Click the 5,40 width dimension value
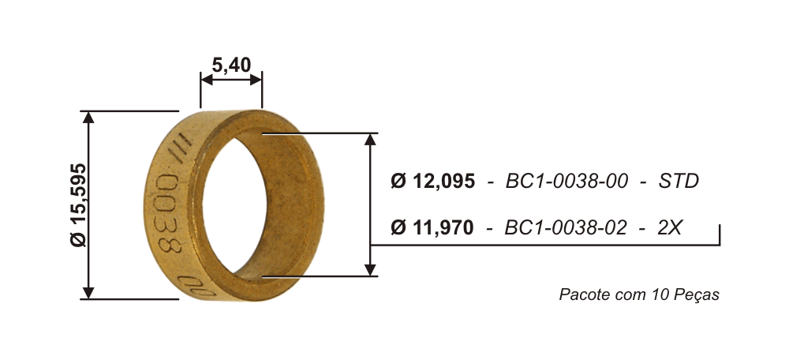tap(231, 65)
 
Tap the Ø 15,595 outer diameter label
tap(78, 205)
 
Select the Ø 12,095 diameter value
tap(432, 182)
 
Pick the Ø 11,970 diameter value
tap(432, 228)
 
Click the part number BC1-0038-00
tap(567, 182)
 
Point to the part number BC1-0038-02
tap(566, 228)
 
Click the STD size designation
tap(679, 182)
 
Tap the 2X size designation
tap(669, 228)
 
